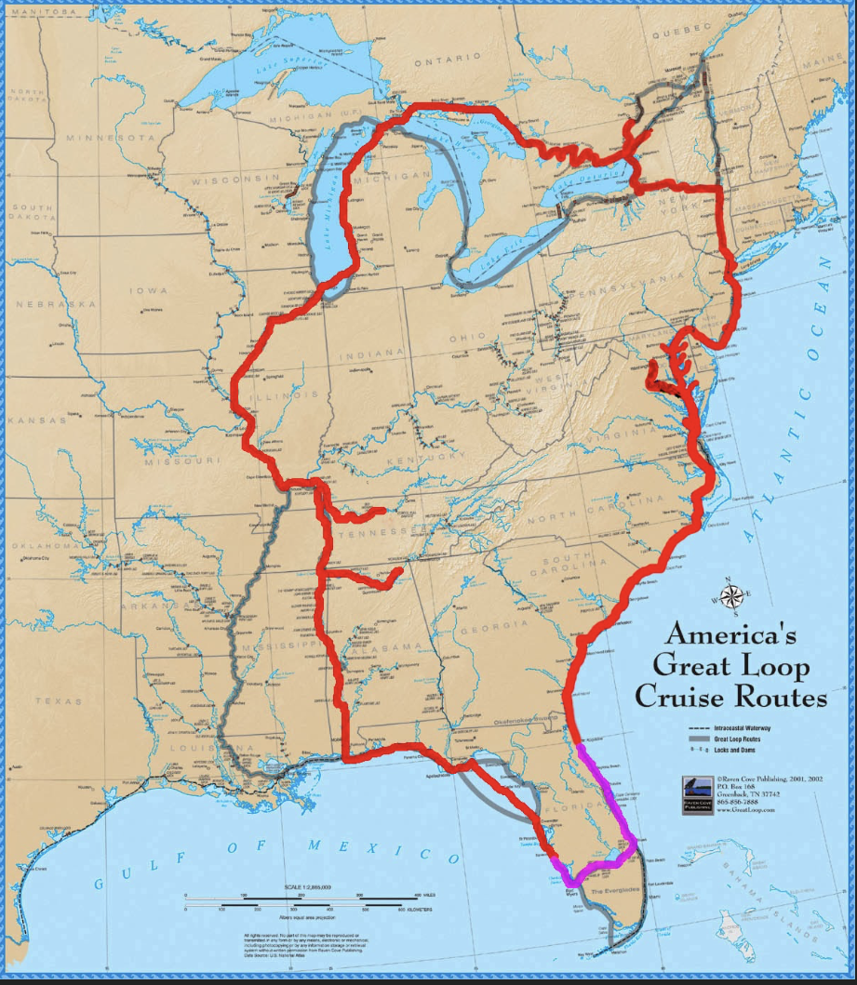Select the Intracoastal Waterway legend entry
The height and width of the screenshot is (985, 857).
point(734,726)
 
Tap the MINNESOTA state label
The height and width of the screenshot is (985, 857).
point(108,138)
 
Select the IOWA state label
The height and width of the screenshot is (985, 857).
point(150,291)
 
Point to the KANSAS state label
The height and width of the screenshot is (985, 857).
point(39,420)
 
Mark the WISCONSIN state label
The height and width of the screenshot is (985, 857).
point(235,178)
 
